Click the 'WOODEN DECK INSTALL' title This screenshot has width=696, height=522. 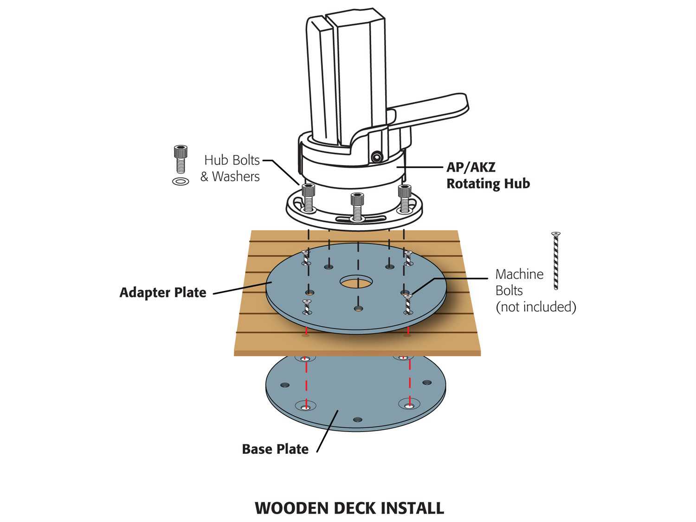pos(349,508)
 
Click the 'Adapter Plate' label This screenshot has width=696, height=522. pos(163,292)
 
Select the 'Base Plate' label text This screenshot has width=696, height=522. pos(275,449)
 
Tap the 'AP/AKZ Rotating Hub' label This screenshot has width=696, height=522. pos(488,175)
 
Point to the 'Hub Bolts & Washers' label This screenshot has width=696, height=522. pos(230,168)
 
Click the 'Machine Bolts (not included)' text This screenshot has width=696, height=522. pos(535,290)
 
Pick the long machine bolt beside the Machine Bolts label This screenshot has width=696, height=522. pos(555,261)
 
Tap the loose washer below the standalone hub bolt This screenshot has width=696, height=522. pos(180,181)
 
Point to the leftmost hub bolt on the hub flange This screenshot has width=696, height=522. pos(308,197)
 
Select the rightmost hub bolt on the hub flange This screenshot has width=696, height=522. pos(405,197)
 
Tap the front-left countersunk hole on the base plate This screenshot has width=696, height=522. pos(305,407)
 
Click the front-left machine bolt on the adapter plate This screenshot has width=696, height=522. pos(306,307)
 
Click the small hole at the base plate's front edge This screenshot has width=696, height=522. pos(357,419)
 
